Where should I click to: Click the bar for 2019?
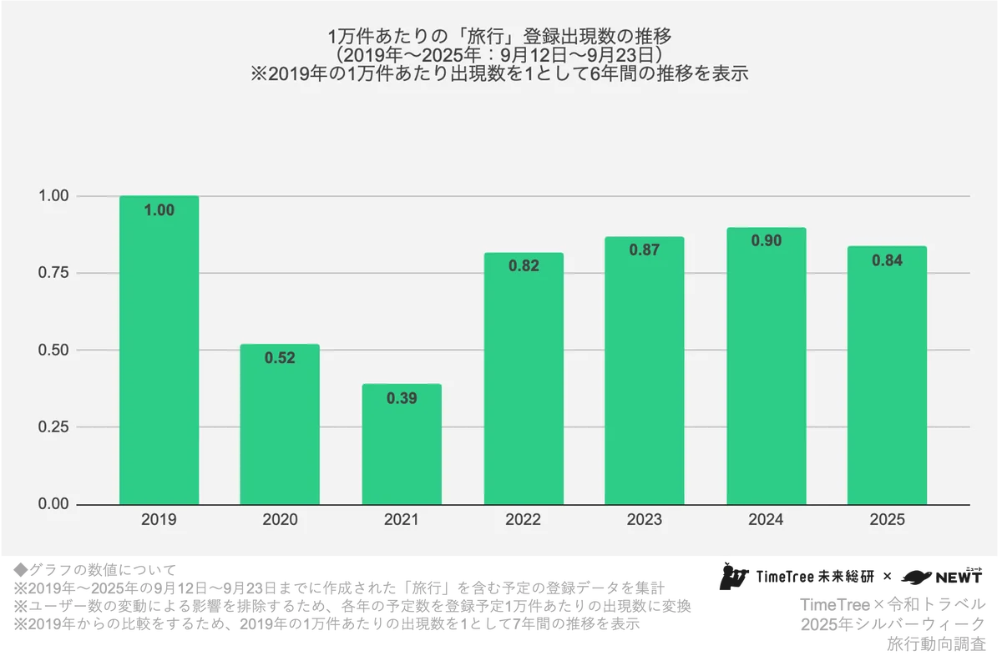tap(159, 351)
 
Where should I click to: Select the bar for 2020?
tap(280, 426)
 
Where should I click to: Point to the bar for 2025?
tap(887, 376)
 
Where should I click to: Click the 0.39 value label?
tap(402, 398)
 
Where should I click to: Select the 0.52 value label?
tap(280, 358)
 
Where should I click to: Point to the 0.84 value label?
tap(887, 260)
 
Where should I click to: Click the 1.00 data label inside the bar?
tap(159, 210)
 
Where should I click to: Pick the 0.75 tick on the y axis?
tap(54, 273)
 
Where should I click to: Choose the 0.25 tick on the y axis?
tap(54, 427)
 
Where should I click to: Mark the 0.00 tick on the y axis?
tap(54, 504)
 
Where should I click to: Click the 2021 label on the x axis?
tap(402, 520)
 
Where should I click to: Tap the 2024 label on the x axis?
tap(766, 520)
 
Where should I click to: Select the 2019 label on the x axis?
tap(159, 520)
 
